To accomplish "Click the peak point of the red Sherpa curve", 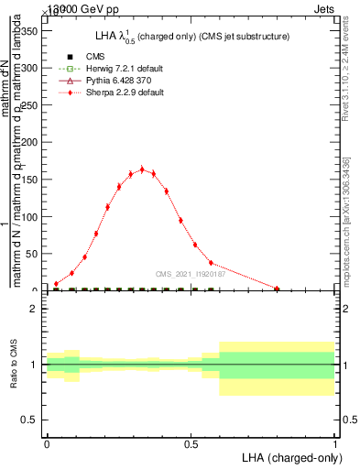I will pyautogui.click(x=142, y=169).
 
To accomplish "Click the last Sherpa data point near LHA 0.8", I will pyautogui.click(x=277, y=289).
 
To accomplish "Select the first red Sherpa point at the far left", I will pyautogui.click(x=56, y=284).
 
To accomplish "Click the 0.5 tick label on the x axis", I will pyautogui.click(x=191, y=442).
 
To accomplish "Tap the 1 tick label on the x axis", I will pyautogui.click(x=335, y=442).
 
